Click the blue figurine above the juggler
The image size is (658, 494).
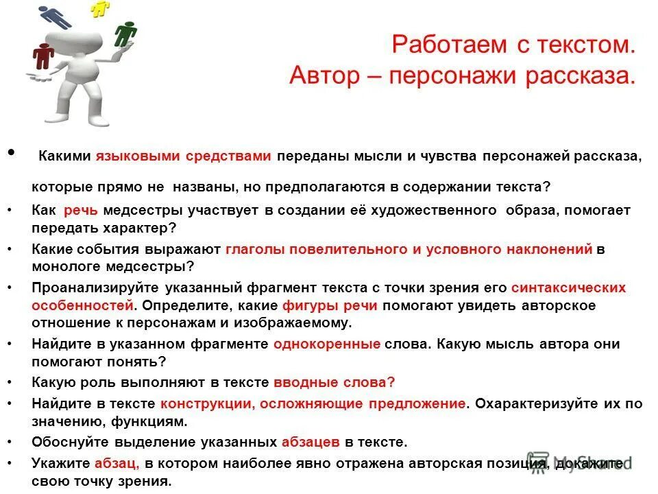pos(56,16)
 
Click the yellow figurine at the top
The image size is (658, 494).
pos(101,8)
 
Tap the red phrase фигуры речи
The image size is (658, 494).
pos(332,305)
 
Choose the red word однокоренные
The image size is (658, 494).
pos(326,344)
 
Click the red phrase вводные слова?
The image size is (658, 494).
pos(334,384)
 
